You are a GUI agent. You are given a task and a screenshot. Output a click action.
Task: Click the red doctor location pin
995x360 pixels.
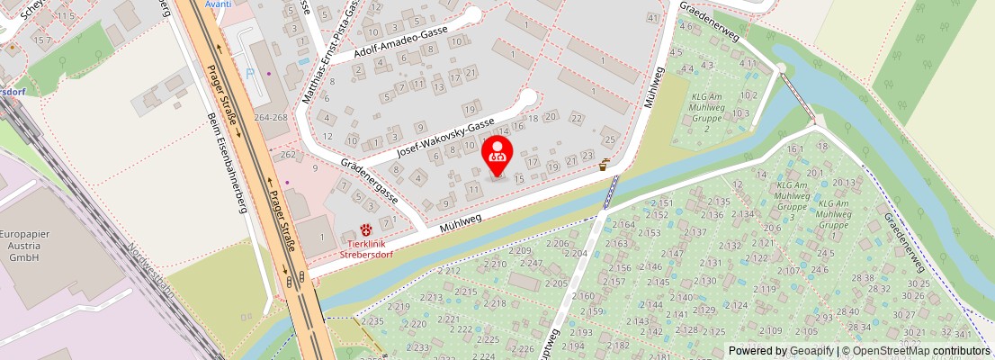497,155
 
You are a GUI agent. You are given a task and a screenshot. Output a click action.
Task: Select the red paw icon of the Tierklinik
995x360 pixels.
366,230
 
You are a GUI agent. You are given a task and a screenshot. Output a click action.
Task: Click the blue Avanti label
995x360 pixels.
218,4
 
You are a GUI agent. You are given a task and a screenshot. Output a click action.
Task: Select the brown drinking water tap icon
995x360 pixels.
605,164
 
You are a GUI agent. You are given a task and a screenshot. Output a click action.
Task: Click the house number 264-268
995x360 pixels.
271,118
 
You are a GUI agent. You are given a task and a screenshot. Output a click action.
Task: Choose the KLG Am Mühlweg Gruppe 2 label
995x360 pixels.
707,112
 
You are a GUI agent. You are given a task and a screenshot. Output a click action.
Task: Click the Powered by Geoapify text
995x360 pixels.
781,351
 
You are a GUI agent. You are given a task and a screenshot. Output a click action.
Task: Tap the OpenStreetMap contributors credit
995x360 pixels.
916,351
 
